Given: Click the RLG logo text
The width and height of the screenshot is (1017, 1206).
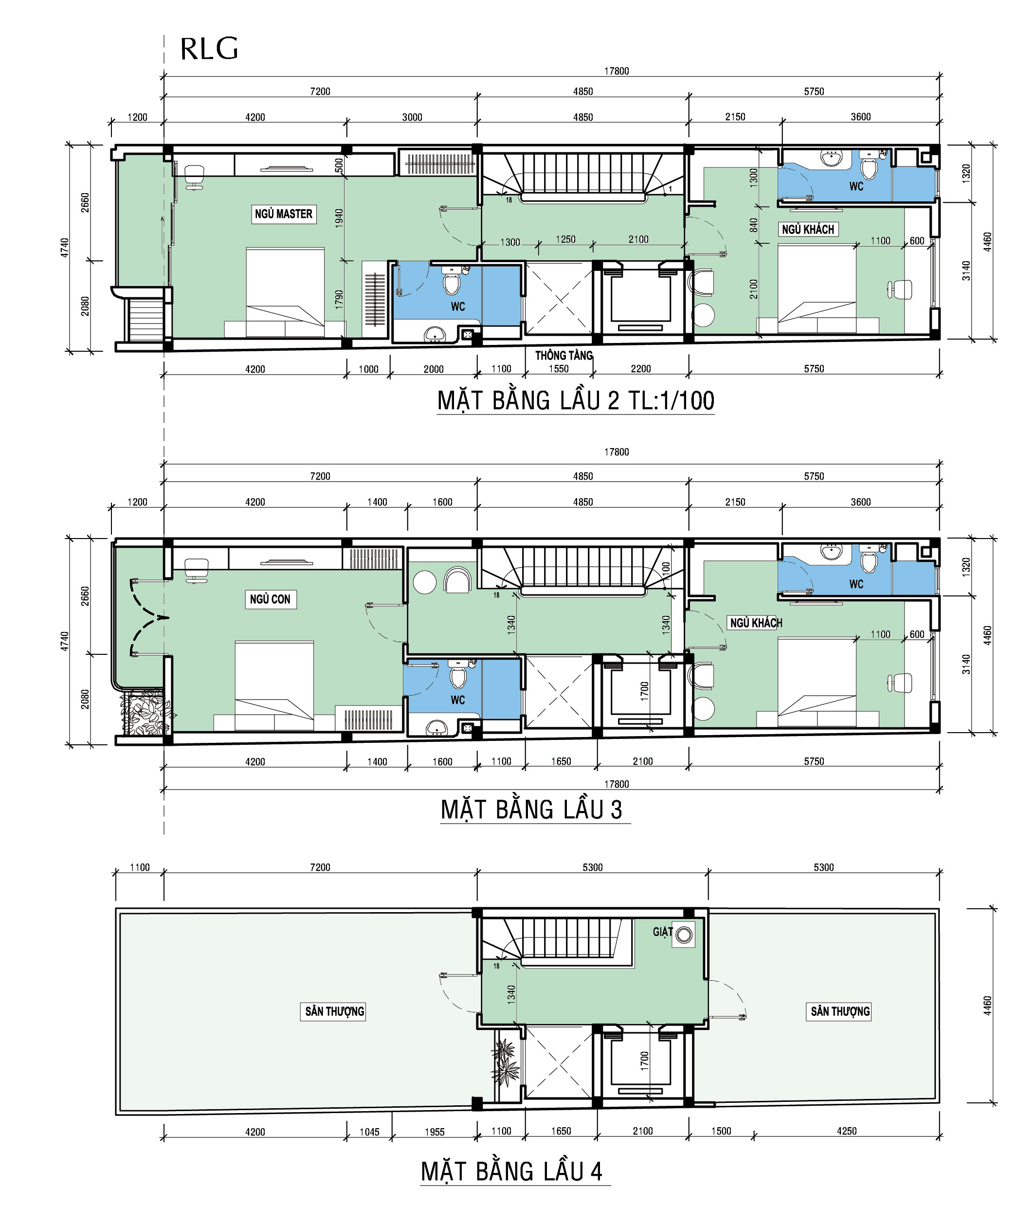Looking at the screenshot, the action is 209,49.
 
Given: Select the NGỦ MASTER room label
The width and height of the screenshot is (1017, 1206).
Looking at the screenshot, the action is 284,214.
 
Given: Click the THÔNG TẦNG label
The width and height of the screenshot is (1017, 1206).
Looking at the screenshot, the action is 564,355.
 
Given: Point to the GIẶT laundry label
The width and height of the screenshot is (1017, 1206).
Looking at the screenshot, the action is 662,932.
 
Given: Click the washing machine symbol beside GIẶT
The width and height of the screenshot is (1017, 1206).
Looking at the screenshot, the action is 684,934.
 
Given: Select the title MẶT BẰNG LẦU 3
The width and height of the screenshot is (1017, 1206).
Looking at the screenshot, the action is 531,810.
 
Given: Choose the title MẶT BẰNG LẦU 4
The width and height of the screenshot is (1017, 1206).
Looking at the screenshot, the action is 512,1171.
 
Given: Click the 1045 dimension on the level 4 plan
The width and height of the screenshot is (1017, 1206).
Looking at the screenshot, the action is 369,1132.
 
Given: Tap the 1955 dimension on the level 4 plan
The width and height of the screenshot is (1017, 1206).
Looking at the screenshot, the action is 435,1132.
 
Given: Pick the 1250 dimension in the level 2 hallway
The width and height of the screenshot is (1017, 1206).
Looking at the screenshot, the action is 565,239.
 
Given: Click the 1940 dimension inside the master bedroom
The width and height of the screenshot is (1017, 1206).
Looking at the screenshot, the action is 339,217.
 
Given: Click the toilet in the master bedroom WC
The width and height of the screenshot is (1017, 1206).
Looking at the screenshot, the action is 452,281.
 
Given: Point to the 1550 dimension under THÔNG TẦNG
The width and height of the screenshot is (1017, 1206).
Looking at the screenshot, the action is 559,369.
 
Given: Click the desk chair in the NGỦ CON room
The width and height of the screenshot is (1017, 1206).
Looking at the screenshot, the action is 196,570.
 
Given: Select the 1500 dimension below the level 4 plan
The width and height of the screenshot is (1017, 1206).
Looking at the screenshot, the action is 721,1131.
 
